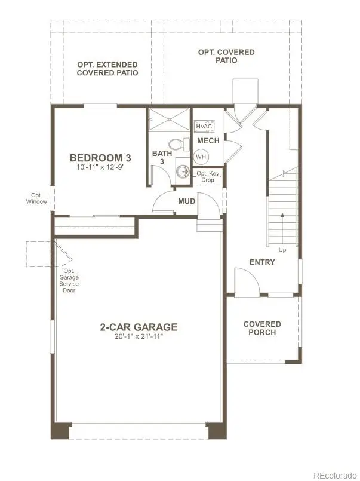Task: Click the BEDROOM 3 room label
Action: [100, 158]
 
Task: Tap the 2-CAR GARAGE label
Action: [139, 327]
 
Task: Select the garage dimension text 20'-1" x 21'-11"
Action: [139, 337]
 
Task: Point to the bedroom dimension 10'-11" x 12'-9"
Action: [100, 168]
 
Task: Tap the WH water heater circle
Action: [201, 156]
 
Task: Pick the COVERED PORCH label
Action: [262, 328]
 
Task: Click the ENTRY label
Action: [262, 262]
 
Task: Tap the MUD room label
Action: [187, 201]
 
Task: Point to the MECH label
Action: [208, 141]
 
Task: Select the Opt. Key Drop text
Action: [208, 177]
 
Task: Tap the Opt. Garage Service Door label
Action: [69, 280]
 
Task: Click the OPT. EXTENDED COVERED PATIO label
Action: [107, 69]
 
